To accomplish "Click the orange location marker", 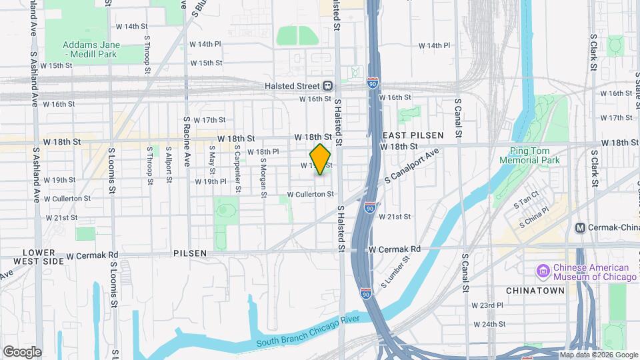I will (321, 159).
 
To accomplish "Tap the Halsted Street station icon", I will (328, 86).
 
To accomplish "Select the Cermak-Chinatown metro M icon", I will (581, 227).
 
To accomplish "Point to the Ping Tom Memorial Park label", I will (535, 155).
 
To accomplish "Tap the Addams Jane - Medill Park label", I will (91, 49).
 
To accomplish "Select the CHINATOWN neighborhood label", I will (535, 291).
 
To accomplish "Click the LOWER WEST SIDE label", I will (43, 257).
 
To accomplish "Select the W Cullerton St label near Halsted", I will (310, 194).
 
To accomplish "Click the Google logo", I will (22, 352).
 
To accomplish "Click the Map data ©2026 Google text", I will (599, 355).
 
